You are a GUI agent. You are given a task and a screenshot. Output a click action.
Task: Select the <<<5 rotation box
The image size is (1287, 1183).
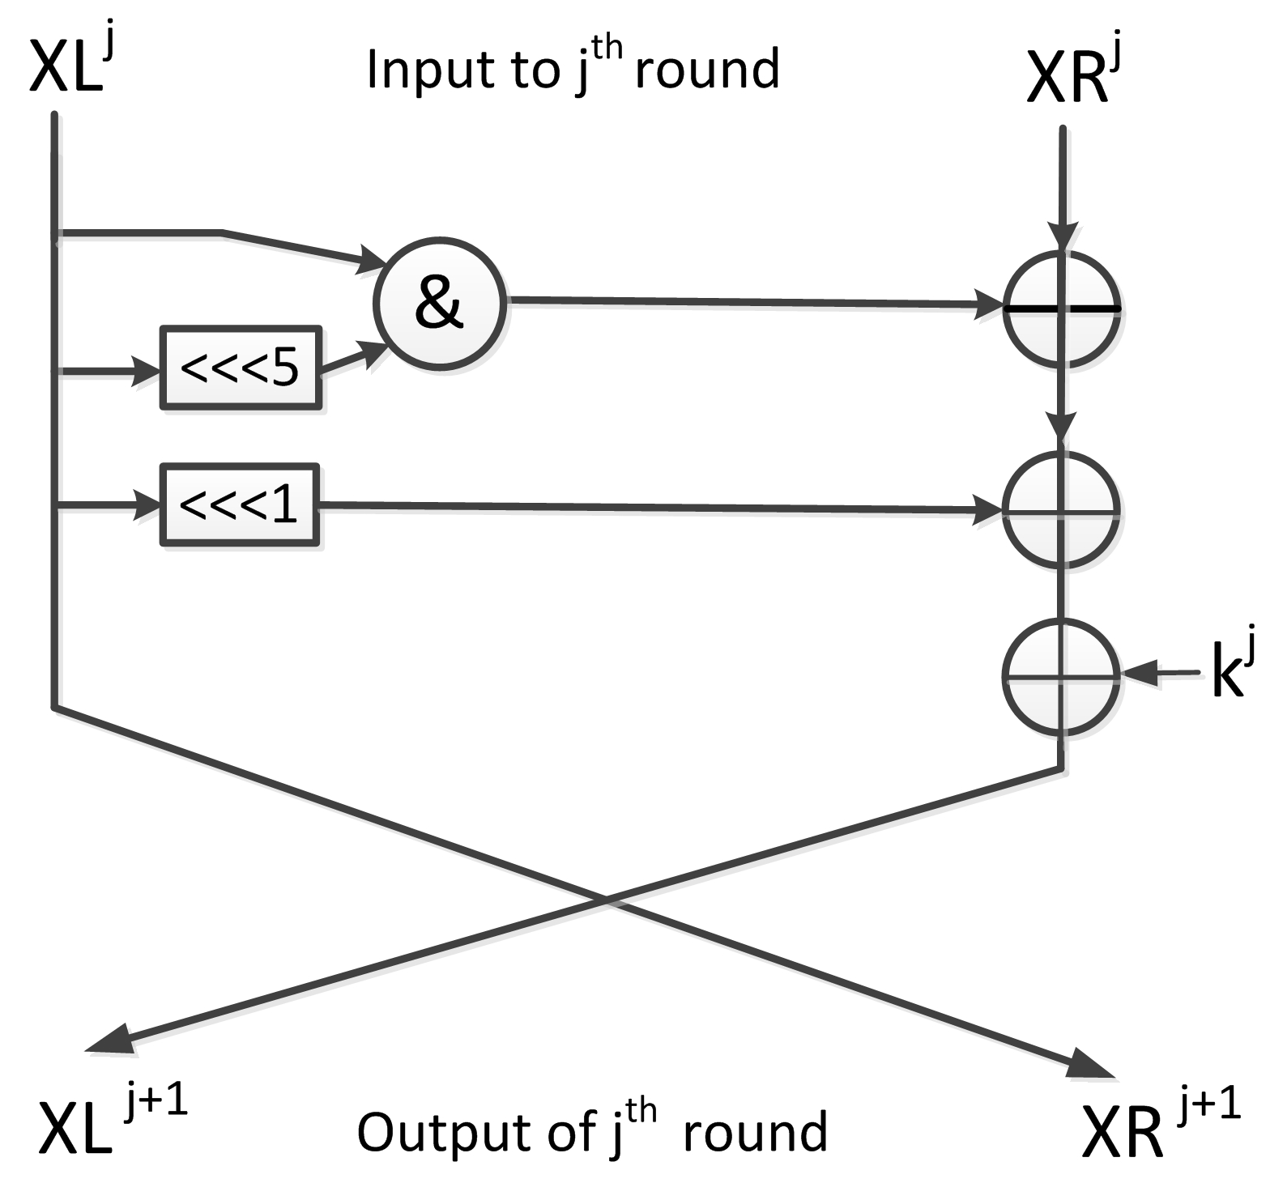tap(241, 368)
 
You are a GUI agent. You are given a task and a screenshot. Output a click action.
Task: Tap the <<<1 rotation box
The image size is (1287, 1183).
tap(240, 505)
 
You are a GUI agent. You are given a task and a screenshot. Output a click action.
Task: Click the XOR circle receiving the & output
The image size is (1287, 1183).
tap(1062, 309)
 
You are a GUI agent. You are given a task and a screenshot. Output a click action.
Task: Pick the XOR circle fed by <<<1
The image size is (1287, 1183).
tap(1062, 510)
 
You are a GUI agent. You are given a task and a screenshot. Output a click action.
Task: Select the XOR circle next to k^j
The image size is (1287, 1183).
tap(1062, 676)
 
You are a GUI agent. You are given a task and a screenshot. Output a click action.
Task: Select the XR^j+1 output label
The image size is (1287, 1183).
tap(1158, 1126)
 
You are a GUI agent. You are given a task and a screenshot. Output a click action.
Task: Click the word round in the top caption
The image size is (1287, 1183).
tap(706, 70)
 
